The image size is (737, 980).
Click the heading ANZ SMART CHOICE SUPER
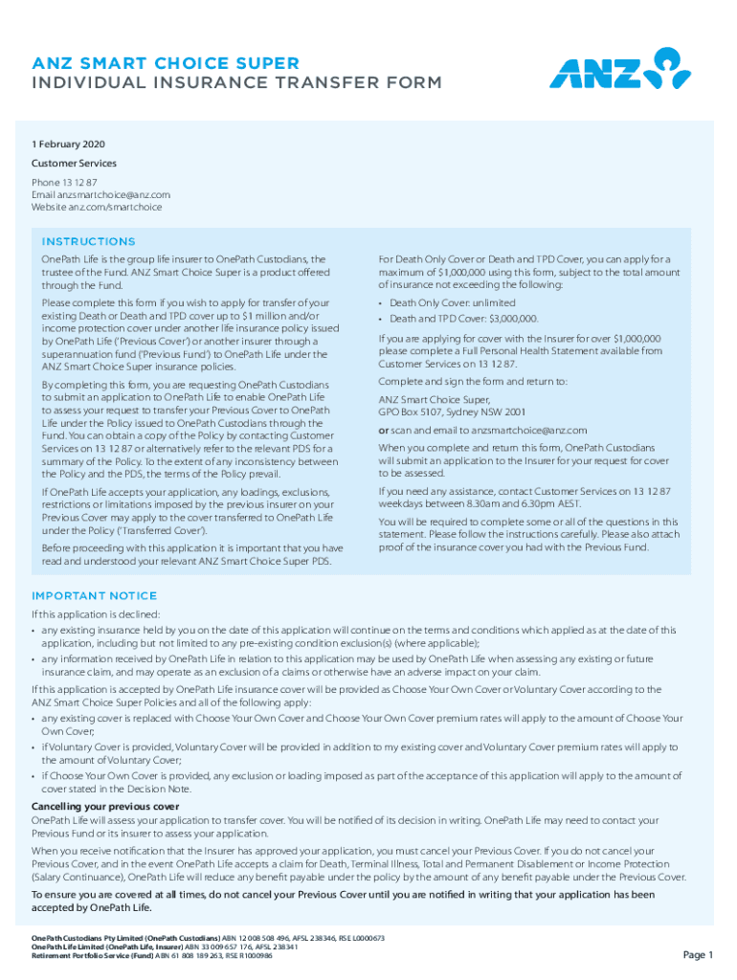pyautogui.click(x=166, y=63)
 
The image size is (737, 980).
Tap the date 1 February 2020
pyautogui.click(x=68, y=145)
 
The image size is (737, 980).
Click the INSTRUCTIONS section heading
pyautogui.click(x=88, y=241)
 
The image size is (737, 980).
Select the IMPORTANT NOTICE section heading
pyautogui.click(x=94, y=595)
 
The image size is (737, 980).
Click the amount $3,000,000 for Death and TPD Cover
pyautogui.click(x=516, y=319)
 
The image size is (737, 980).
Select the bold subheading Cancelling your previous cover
pyautogui.click(x=105, y=807)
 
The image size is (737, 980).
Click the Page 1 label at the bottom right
pyautogui.click(x=698, y=954)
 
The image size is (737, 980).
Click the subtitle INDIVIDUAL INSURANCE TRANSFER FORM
pyautogui.click(x=236, y=83)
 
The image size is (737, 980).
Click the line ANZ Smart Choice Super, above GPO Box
pyautogui.click(x=435, y=400)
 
